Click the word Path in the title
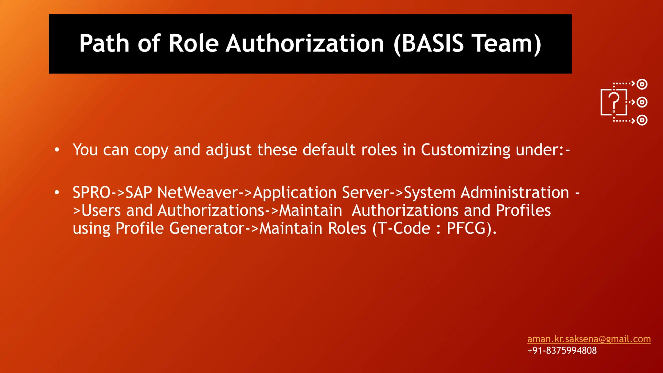[x=104, y=43]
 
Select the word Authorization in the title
[x=305, y=43]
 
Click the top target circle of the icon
[x=642, y=84]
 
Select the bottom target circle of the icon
[x=642, y=120]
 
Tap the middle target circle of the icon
[x=642, y=102]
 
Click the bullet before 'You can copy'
[x=57, y=150]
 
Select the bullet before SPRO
[x=57, y=193]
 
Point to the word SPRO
[x=92, y=193]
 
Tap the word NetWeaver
[x=197, y=193]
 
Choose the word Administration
[x=515, y=193]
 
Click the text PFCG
[x=466, y=228]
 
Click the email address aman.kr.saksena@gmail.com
[x=589, y=339]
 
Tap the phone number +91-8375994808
[x=562, y=350]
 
